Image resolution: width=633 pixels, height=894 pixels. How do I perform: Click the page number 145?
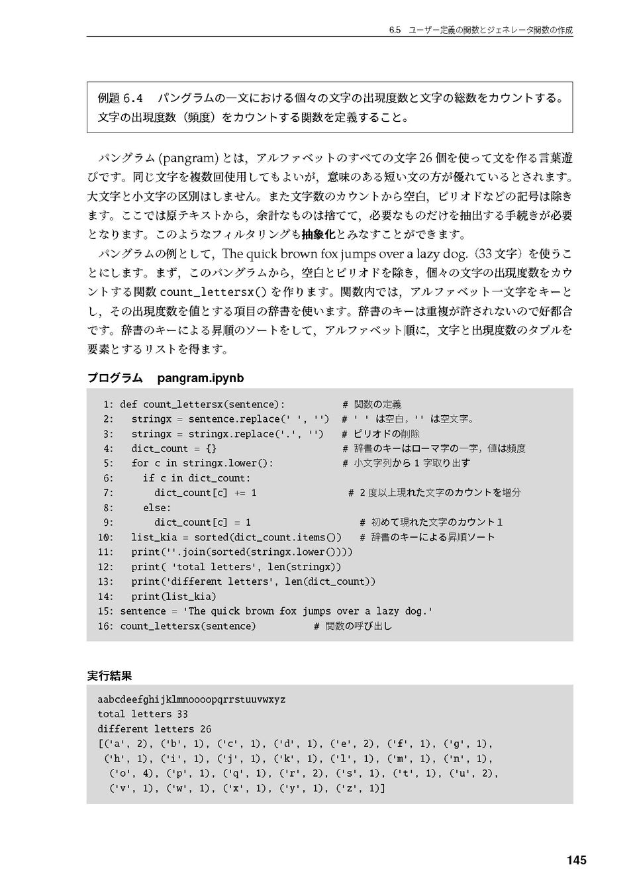pyautogui.click(x=576, y=860)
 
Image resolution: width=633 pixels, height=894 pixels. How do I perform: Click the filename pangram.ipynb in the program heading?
pyautogui.click(x=201, y=378)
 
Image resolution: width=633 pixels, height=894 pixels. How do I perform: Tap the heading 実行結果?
pyautogui.click(x=109, y=676)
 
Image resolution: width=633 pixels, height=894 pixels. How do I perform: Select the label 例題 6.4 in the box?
pyautogui.click(x=120, y=99)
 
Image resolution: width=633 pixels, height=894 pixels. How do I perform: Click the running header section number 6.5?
pyautogui.click(x=395, y=30)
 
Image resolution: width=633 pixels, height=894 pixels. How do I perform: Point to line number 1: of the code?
pyautogui.click(x=108, y=405)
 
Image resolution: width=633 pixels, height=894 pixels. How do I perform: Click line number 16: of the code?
pyautogui.click(x=105, y=626)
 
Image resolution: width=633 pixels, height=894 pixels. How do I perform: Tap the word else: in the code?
pyautogui.click(x=157, y=508)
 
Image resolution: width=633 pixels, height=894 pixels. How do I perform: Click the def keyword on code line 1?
pyautogui.click(x=128, y=405)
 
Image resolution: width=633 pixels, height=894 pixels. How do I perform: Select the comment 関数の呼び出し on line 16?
pyautogui.click(x=358, y=626)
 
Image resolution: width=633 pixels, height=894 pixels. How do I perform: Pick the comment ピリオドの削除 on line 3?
pyautogui.click(x=387, y=434)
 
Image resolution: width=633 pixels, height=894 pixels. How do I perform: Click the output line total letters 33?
pyautogui.click(x=142, y=714)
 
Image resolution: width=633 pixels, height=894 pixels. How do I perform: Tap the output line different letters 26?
pyautogui.click(x=154, y=729)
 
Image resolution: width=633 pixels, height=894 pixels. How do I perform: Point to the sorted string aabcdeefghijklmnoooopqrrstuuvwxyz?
pyautogui.click(x=191, y=699)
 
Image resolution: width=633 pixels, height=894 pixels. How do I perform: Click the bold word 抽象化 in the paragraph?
pyautogui.click(x=318, y=234)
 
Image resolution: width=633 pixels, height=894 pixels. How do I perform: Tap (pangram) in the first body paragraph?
pyautogui.click(x=187, y=159)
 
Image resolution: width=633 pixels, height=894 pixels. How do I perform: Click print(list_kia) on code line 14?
pyautogui.click(x=173, y=596)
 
